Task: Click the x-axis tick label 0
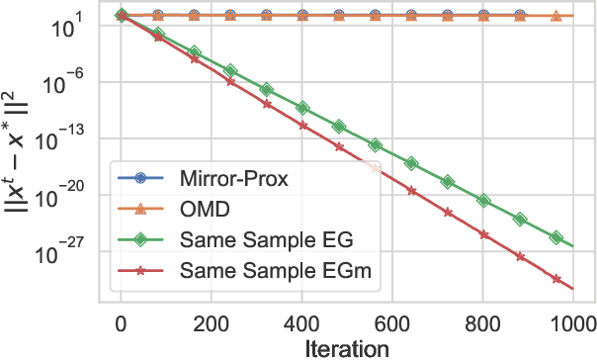coord(121,322)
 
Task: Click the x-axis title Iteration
coord(346,347)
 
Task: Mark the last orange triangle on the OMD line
coord(555,16)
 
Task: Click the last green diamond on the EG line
coord(556,238)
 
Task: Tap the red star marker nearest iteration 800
coord(484,234)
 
